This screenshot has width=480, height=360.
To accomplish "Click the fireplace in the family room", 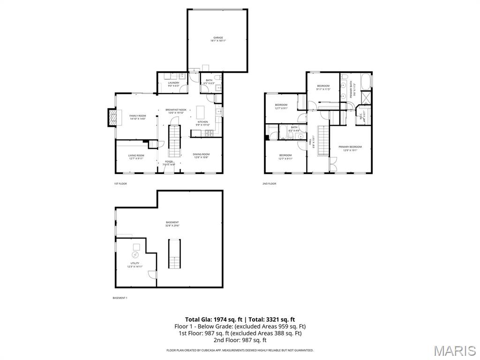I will coord(112,118).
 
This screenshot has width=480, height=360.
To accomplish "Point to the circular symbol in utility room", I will coord(135,255).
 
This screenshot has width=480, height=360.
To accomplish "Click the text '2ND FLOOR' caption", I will coord(269,184).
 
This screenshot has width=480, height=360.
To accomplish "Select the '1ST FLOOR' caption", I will coord(120,184).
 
